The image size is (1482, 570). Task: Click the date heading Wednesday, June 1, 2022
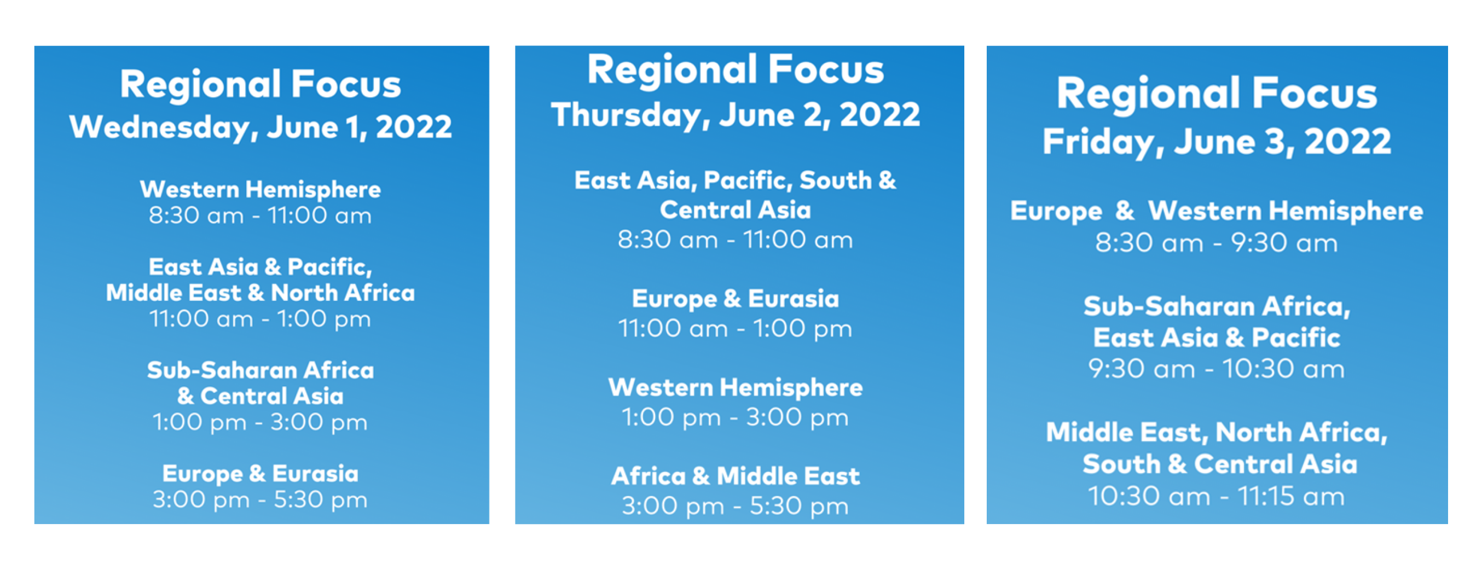coord(260,127)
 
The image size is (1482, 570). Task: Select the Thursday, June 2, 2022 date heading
coord(735,114)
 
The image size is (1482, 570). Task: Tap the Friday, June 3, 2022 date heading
coord(1217,142)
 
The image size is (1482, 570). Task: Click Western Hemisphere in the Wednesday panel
coord(260,189)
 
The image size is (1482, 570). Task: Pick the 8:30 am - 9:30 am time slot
coord(1216,243)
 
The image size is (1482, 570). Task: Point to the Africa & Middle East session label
coord(735,476)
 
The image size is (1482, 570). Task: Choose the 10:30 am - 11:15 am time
coord(1216,496)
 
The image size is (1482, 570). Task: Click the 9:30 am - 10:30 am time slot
coord(1216,369)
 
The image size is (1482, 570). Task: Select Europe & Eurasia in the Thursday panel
coord(735,299)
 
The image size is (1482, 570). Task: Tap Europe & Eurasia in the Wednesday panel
coord(260,473)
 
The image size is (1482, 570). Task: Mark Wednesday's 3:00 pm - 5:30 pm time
coord(260,499)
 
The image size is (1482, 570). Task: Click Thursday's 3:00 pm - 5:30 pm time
coord(735,506)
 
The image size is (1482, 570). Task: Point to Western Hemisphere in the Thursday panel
coord(735,388)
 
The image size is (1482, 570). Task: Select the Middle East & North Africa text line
coord(260,293)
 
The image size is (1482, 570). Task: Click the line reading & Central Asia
coord(260,396)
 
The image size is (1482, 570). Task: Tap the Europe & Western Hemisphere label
coord(1216,211)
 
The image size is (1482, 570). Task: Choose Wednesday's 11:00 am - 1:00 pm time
coord(260,319)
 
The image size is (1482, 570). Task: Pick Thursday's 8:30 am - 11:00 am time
coord(735,240)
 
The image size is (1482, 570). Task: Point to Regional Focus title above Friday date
coord(1217,94)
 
